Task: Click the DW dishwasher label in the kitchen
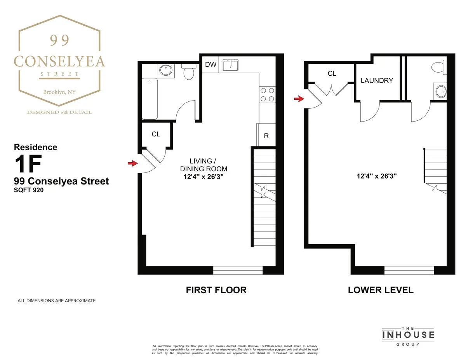211,64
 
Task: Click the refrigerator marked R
266,136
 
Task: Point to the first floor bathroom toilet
189,72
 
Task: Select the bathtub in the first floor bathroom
150,99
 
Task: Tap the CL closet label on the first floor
156,134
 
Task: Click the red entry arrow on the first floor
133,163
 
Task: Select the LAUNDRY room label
377,81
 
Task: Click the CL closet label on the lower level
332,73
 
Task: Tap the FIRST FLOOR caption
216,290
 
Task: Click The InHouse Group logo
408,334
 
